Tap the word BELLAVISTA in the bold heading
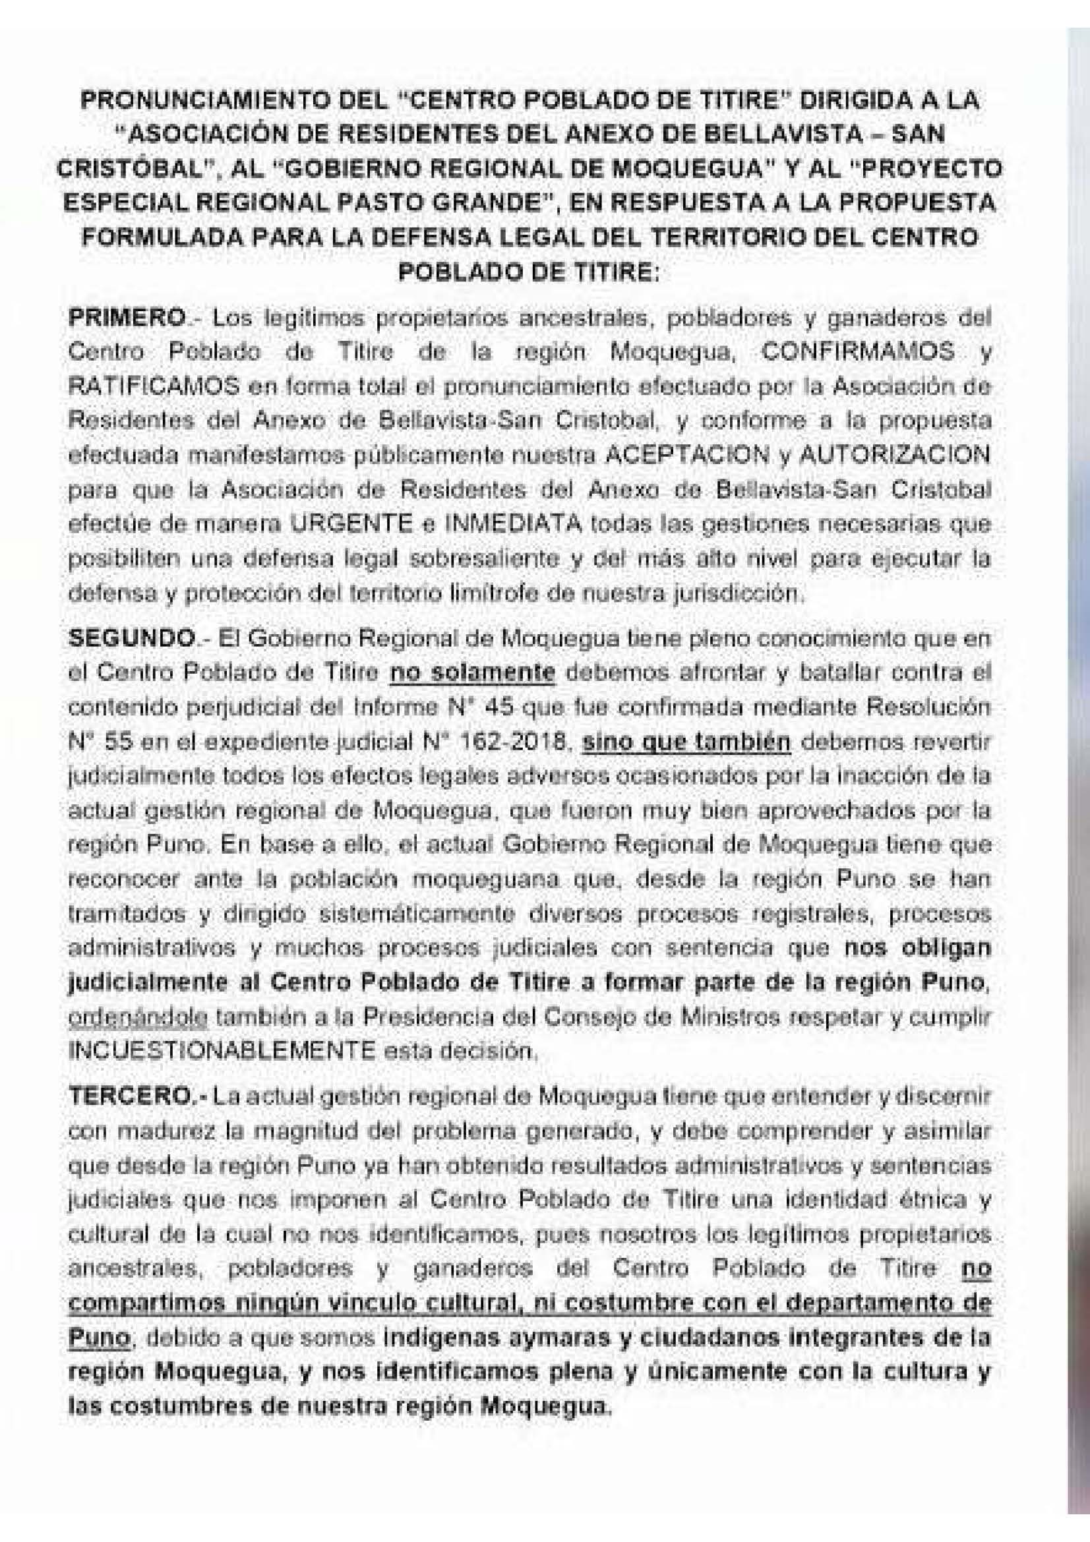tap(777, 134)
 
